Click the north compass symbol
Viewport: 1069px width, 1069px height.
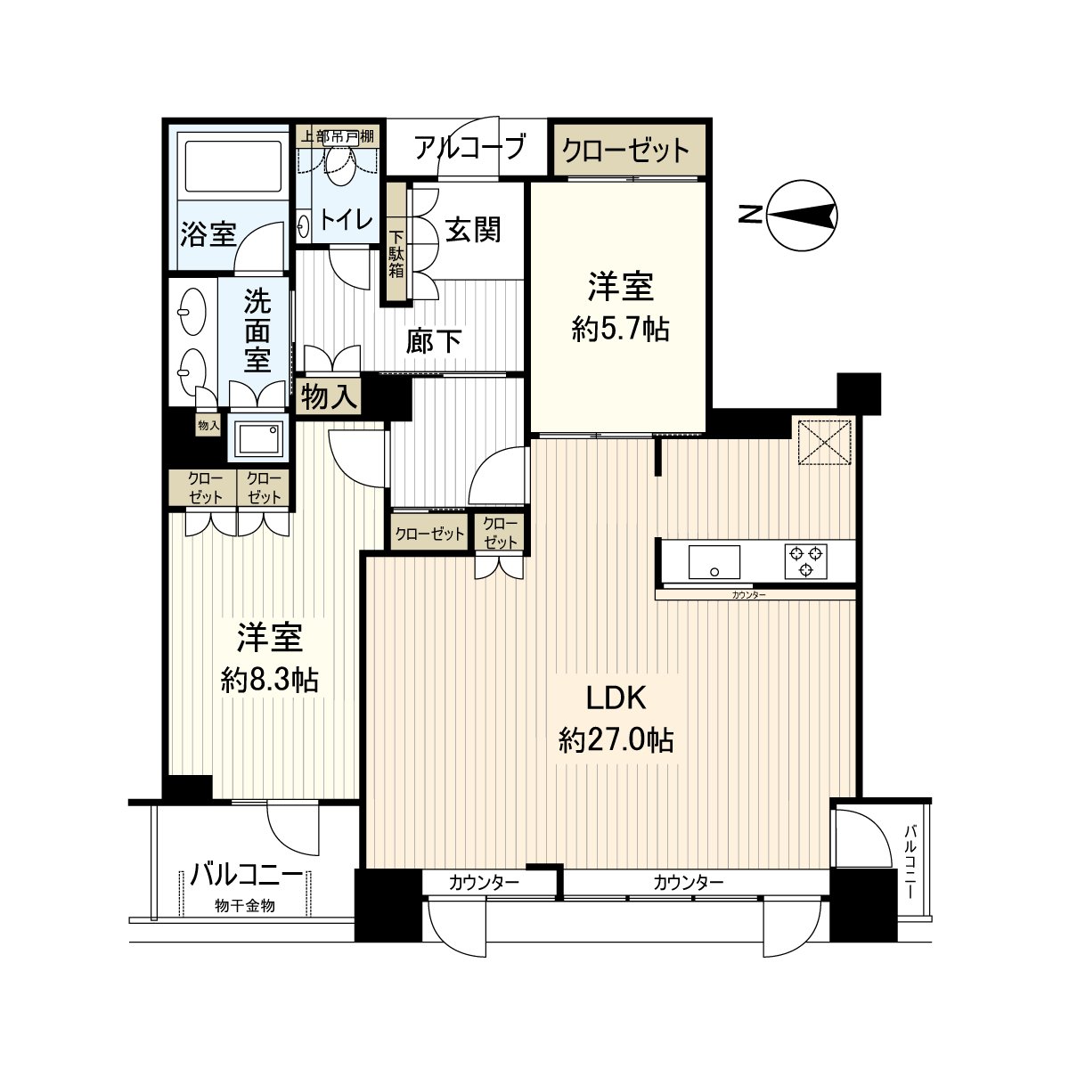(x=803, y=215)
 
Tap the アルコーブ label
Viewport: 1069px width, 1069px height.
(x=469, y=147)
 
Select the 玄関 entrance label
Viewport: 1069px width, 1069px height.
(x=473, y=230)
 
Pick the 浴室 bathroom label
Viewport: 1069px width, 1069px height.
(x=208, y=234)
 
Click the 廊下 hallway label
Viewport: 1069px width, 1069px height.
(x=434, y=339)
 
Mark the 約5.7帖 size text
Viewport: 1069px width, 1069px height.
(x=620, y=330)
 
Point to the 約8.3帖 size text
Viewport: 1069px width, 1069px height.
(x=269, y=681)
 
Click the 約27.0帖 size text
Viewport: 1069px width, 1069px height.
(x=616, y=740)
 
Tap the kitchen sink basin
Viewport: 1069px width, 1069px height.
(x=714, y=562)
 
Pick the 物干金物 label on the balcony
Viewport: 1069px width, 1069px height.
(x=243, y=906)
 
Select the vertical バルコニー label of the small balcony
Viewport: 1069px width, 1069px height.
(x=910, y=859)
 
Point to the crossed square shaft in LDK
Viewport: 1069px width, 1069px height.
(x=824, y=442)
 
